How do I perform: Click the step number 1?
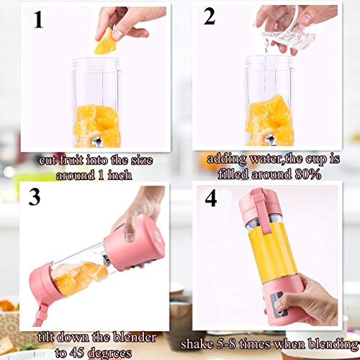tap(38, 19)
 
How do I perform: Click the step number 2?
tap(210, 17)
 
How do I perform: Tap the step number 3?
tap(35, 197)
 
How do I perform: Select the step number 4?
tap(211, 198)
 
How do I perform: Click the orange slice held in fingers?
tap(104, 42)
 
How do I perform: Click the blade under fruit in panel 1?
tap(97, 142)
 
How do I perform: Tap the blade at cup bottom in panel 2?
tap(269, 140)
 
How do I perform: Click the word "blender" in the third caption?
tap(135, 337)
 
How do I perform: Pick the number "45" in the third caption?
tap(76, 352)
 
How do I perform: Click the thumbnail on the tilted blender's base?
tap(130, 237)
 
